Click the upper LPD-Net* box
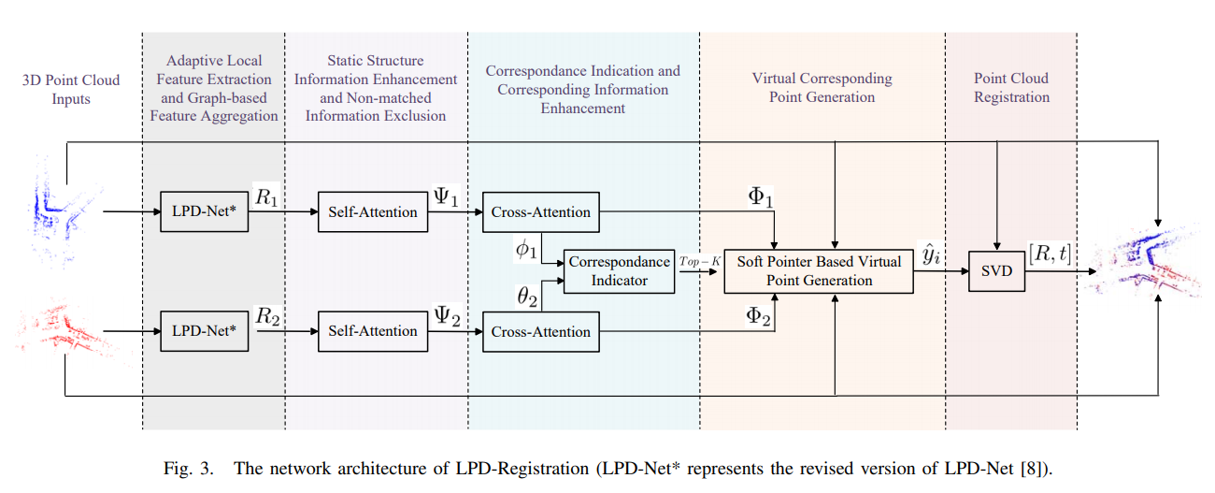[x=205, y=211]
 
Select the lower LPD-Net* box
[x=205, y=331]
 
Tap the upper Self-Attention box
[x=372, y=211]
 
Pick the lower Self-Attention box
[x=372, y=331]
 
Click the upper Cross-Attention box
[x=540, y=211]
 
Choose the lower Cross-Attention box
[x=540, y=331]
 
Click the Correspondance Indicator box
[x=620, y=271]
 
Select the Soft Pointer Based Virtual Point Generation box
[x=818, y=271]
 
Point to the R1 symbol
[x=267, y=196]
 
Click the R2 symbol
[x=267, y=316]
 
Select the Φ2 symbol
[x=759, y=318]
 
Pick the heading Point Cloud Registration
[x=1010, y=87]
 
